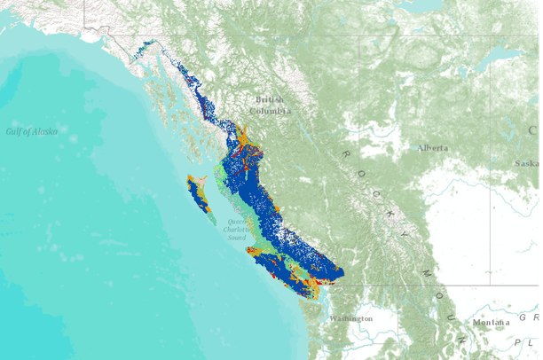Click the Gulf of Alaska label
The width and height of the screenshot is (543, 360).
click(31, 131)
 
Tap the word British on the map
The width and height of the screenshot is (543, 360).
click(270, 100)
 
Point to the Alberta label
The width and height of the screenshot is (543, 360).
click(433, 148)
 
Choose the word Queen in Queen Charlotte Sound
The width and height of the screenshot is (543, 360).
click(236, 222)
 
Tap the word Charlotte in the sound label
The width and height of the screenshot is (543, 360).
click(237, 230)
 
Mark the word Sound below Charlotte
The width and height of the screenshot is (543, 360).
click(236, 238)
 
